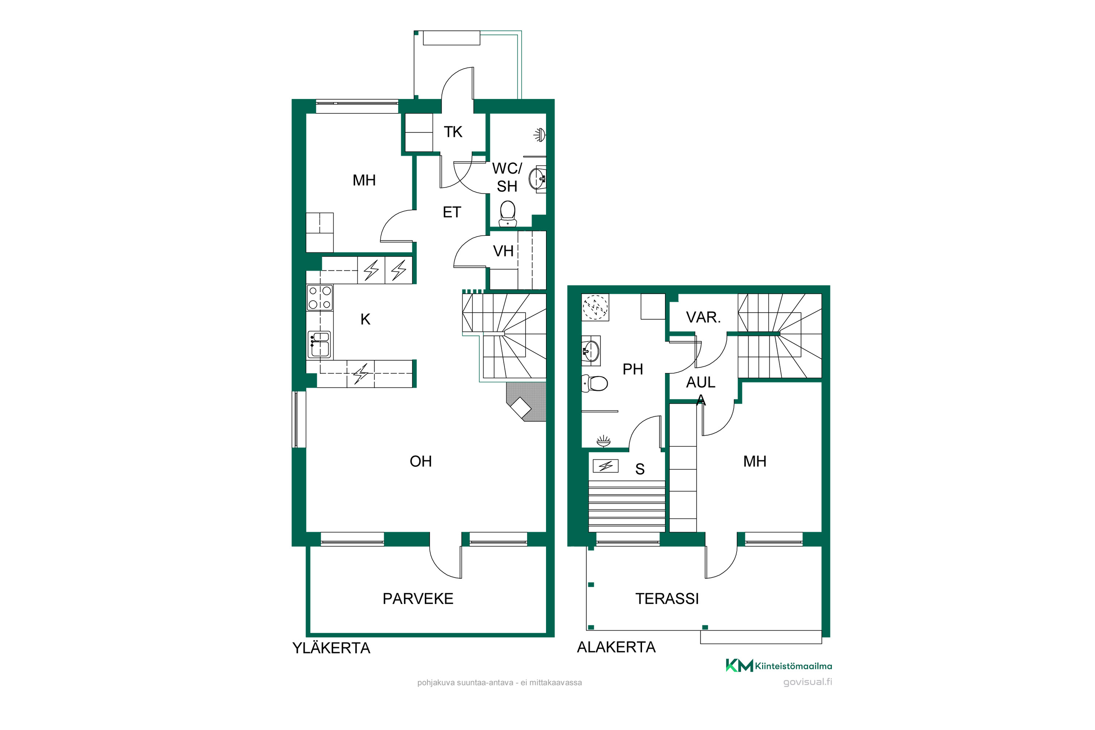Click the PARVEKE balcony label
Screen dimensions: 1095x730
(x=418, y=599)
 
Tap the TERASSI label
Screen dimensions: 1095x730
(x=667, y=599)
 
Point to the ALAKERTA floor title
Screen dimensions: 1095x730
(x=616, y=647)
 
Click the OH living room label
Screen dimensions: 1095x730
(x=420, y=461)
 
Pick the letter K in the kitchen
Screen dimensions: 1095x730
(x=365, y=319)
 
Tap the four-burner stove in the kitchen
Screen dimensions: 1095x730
(x=320, y=297)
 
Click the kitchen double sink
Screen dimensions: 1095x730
(x=319, y=345)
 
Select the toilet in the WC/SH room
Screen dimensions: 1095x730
(x=507, y=214)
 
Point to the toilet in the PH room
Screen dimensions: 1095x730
(x=595, y=384)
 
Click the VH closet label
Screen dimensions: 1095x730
(x=503, y=251)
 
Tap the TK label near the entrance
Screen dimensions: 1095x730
(x=453, y=132)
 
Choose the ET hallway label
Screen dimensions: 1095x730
(x=452, y=212)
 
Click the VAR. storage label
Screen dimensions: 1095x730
(x=703, y=318)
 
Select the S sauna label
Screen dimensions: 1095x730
(x=640, y=469)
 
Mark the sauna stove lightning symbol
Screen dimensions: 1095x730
(x=606, y=466)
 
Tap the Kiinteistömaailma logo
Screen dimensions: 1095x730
(x=779, y=666)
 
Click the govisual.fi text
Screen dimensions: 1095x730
(x=808, y=682)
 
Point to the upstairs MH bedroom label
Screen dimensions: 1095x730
(x=364, y=181)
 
